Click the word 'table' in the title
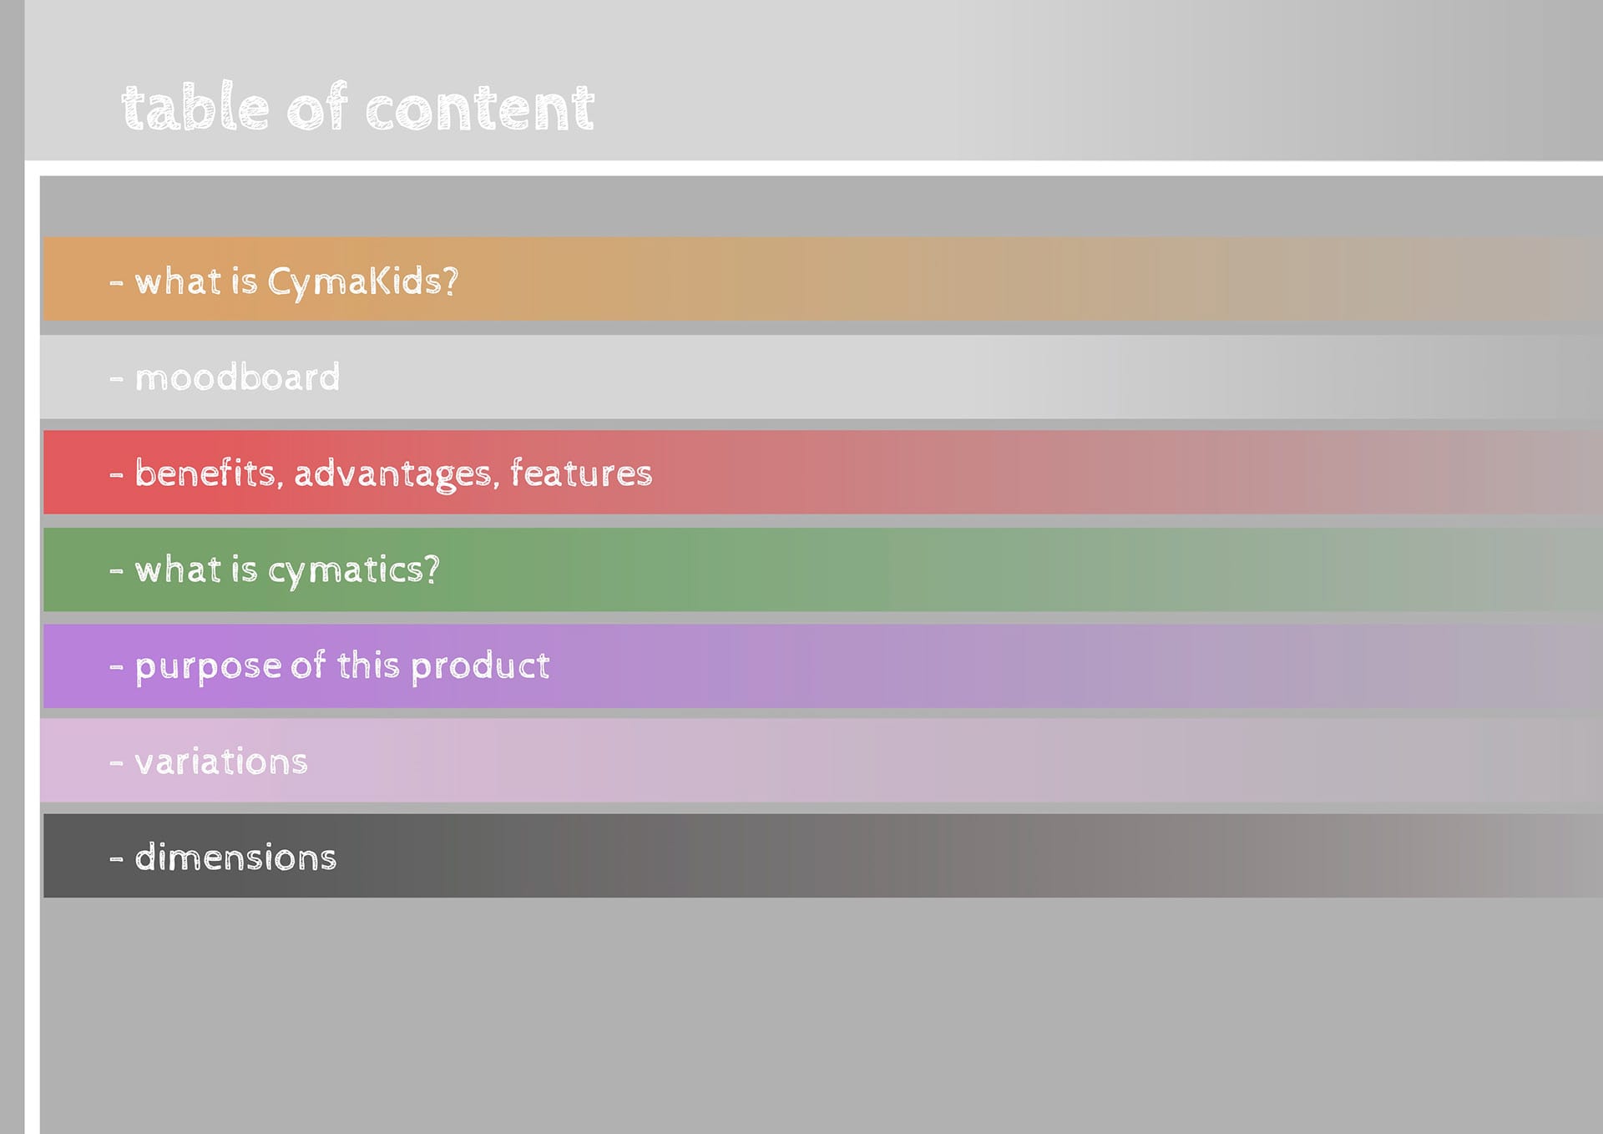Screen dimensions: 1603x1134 [195, 107]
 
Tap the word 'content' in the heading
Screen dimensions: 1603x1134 [480, 109]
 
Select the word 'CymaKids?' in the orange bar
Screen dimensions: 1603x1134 [363, 282]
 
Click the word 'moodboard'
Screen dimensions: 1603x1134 [238, 377]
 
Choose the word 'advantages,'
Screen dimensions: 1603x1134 [397, 475]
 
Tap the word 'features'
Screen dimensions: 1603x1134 [581, 473]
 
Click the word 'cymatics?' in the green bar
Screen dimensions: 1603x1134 [353, 570]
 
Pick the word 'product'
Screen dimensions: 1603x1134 [480, 666]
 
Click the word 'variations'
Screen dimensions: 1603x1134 [221, 762]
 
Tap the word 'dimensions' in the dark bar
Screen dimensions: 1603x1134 [235, 858]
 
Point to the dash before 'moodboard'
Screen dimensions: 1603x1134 [116, 380]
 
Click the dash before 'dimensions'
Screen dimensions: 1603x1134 [116, 859]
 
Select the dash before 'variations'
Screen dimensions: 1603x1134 [116, 763]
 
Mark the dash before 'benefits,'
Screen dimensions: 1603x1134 [116, 475]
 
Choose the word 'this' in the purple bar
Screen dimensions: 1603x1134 [368, 666]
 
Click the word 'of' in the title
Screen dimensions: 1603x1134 [317, 107]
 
